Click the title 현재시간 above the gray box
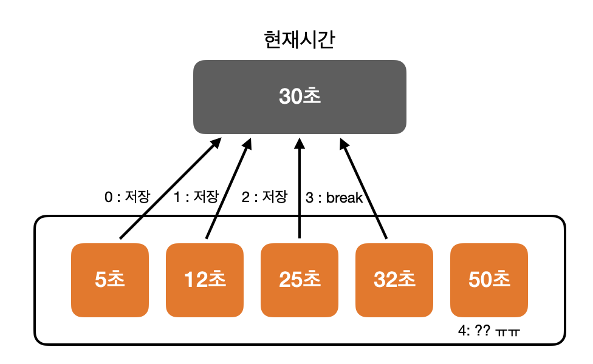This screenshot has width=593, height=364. (x=300, y=41)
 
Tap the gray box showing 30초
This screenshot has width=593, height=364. (x=300, y=97)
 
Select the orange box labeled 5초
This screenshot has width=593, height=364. (x=110, y=280)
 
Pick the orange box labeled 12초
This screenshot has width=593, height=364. (x=205, y=280)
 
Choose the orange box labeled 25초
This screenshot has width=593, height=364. (x=300, y=280)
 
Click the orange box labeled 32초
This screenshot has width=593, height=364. (x=394, y=280)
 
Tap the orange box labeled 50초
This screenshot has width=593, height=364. (x=489, y=280)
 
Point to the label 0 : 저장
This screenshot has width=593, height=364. (x=128, y=197)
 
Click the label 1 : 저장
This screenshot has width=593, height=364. (x=196, y=197)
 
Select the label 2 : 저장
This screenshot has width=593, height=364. (x=264, y=197)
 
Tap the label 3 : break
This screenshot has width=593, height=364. (x=334, y=198)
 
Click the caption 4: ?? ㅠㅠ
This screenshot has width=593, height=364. (x=490, y=332)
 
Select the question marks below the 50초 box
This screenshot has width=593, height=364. (x=484, y=332)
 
